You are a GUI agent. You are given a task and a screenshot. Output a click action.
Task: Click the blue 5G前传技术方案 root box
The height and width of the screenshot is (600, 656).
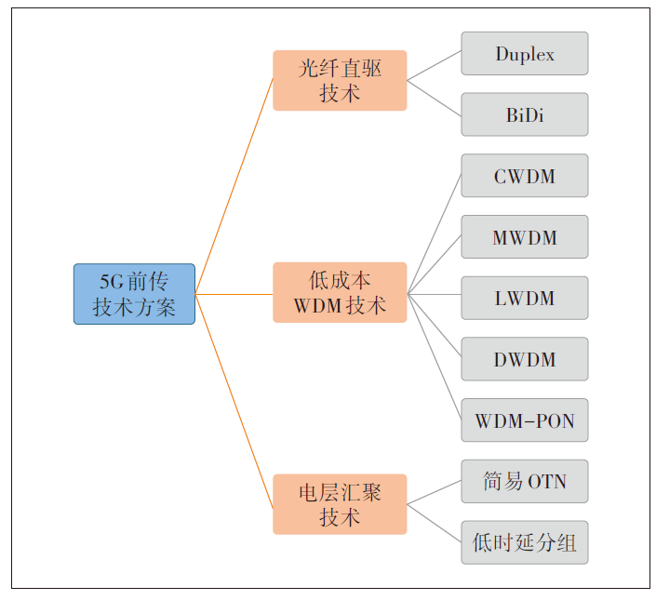[x=134, y=294]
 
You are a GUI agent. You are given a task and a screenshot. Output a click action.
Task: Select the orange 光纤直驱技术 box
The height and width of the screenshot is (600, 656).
[x=340, y=81]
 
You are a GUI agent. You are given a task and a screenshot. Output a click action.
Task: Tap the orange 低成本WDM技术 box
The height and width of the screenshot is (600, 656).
[x=340, y=293]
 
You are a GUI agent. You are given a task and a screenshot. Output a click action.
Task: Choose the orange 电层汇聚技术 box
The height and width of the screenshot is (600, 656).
[x=340, y=504]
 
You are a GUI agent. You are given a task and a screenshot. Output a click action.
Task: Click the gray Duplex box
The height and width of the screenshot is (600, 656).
[x=525, y=54]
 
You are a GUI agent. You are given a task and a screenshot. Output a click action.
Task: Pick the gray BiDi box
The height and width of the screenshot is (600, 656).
[x=525, y=115]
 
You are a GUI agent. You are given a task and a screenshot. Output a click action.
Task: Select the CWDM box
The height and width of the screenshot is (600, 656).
[x=525, y=176]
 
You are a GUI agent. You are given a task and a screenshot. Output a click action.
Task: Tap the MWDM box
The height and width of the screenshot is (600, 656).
[x=525, y=237]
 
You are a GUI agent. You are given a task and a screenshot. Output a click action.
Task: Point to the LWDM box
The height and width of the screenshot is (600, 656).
[x=525, y=299]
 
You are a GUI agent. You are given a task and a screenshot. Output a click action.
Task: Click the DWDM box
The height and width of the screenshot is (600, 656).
[x=525, y=359]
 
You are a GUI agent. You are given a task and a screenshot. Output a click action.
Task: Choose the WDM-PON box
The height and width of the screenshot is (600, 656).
[x=525, y=420]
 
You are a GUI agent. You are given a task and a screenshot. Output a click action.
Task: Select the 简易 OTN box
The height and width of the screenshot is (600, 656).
[x=525, y=482]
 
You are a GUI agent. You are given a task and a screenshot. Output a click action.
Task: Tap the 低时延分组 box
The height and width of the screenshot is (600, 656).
[x=525, y=542]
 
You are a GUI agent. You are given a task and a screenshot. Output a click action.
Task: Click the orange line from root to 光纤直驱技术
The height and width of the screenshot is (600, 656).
[x=234, y=186]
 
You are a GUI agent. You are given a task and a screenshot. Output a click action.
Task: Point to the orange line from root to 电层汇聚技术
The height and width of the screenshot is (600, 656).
[x=234, y=401]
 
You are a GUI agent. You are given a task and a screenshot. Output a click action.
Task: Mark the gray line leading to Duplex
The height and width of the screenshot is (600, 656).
[x=435, y=66]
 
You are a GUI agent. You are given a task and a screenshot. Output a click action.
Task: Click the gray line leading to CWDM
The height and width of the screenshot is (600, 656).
[x=435, y=233]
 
